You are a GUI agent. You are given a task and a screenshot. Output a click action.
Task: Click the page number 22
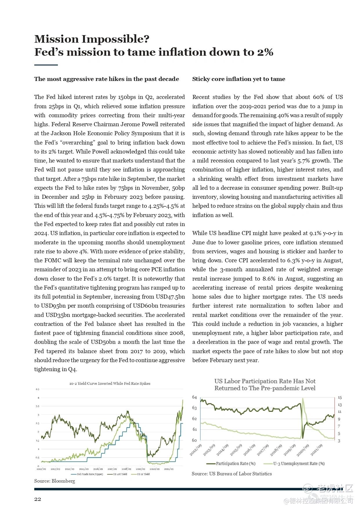pyautogui.click(x=38, y=499)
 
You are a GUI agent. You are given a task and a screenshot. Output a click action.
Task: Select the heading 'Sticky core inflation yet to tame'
pyautogui.click(x=238, y=79)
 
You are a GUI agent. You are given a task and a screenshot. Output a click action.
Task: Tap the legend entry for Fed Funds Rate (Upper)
pyautogui.click(x=90, y=474)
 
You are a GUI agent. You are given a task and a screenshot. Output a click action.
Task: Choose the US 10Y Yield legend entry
pyautogui.click(x=120, y=474)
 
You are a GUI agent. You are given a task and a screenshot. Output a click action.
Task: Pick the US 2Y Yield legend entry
pyautogui.click(x=143, y=474)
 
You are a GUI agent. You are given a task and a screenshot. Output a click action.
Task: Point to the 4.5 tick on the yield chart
pyautogui.click(x=37, y=389)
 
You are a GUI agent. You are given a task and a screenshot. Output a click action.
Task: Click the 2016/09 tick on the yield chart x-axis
pyautogui.click(x=98, y=469)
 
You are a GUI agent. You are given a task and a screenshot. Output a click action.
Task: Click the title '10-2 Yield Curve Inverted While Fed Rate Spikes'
pyautogui.click(x=110, y=383)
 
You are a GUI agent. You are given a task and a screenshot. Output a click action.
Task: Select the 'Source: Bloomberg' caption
pyautogui.click(x=55, y=481)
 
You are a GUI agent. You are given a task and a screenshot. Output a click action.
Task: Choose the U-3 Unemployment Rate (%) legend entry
pyautogui.click(x=299, y=463)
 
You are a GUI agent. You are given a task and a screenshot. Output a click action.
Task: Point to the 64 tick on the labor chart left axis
pyautogui.click(x=194, y=397)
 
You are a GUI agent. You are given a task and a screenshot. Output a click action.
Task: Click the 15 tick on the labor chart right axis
pyautogui.click(x=340, y=398)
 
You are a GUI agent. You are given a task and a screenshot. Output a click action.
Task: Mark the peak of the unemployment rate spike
pyautogui.click(x=303, y=398)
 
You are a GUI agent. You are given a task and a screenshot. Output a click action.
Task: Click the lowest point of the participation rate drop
pyautogui.click(x=303, y=438)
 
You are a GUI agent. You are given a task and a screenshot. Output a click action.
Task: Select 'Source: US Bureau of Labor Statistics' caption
pyautogui.click(x=232, y=474)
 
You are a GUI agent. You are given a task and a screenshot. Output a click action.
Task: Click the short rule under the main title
pyautogui.click(x=46, y=65)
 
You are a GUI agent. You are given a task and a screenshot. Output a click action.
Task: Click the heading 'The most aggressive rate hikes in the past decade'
pyautogui.click(x=106, y=79)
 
